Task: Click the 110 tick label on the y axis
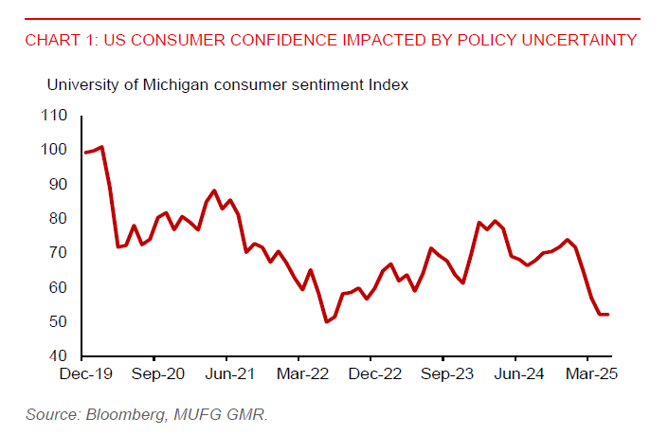click(x=55, y=116)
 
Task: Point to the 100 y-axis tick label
click(x=55, y=150)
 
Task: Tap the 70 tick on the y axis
click(x=59, y=253)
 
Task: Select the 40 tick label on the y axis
click(x=59, y=356)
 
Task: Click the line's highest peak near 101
click(x=101, y=147)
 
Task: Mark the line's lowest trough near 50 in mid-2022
click(x=326, y=321)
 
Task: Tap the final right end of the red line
click(x=607, y=315)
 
